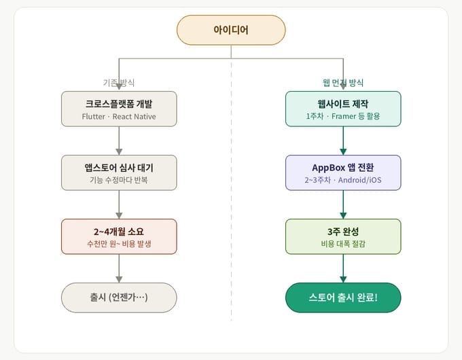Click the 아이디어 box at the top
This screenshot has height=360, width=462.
231,30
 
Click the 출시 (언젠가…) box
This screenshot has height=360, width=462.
119,298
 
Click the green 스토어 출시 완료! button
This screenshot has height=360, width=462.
343,298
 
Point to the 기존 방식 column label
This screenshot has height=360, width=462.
119,82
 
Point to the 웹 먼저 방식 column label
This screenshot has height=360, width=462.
343,82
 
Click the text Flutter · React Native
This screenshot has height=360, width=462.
119,116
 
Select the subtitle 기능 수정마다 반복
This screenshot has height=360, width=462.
119,180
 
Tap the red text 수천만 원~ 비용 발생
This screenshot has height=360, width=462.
119,244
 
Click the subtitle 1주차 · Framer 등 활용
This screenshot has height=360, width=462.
343,116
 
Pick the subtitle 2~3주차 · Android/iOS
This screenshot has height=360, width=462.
343,180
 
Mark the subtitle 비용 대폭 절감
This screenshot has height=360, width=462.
343,244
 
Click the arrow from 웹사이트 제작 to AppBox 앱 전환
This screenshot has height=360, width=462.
343,141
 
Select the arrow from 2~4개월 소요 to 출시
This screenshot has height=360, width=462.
119,268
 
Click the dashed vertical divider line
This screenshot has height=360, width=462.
231,204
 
